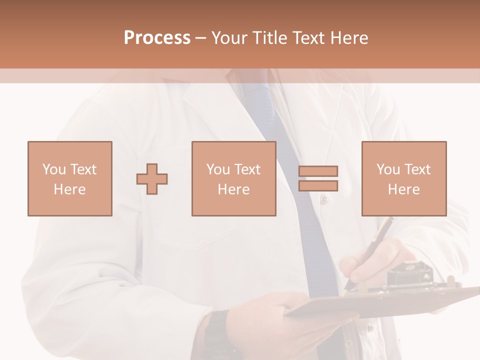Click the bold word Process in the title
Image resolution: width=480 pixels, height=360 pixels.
tap(157, 37)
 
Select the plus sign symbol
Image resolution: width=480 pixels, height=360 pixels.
tap(152, 178)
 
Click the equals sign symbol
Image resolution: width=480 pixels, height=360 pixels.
tap(318, 178)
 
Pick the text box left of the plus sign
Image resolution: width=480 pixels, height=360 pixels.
tap(69, 178)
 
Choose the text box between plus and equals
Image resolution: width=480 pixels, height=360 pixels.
tap(233, 178)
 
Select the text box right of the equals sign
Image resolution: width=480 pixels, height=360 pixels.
tap(403, 178)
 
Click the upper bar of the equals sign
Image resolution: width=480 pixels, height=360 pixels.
tap(318, 171)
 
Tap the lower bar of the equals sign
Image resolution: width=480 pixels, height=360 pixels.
tap(318, 185)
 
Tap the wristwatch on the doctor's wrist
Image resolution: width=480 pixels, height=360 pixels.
tap(216, 332)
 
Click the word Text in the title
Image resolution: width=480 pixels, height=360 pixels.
tap(309, 37)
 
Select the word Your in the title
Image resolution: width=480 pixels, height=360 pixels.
tap(228, 37)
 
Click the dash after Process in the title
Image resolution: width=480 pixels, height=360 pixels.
tap(201, 38)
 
